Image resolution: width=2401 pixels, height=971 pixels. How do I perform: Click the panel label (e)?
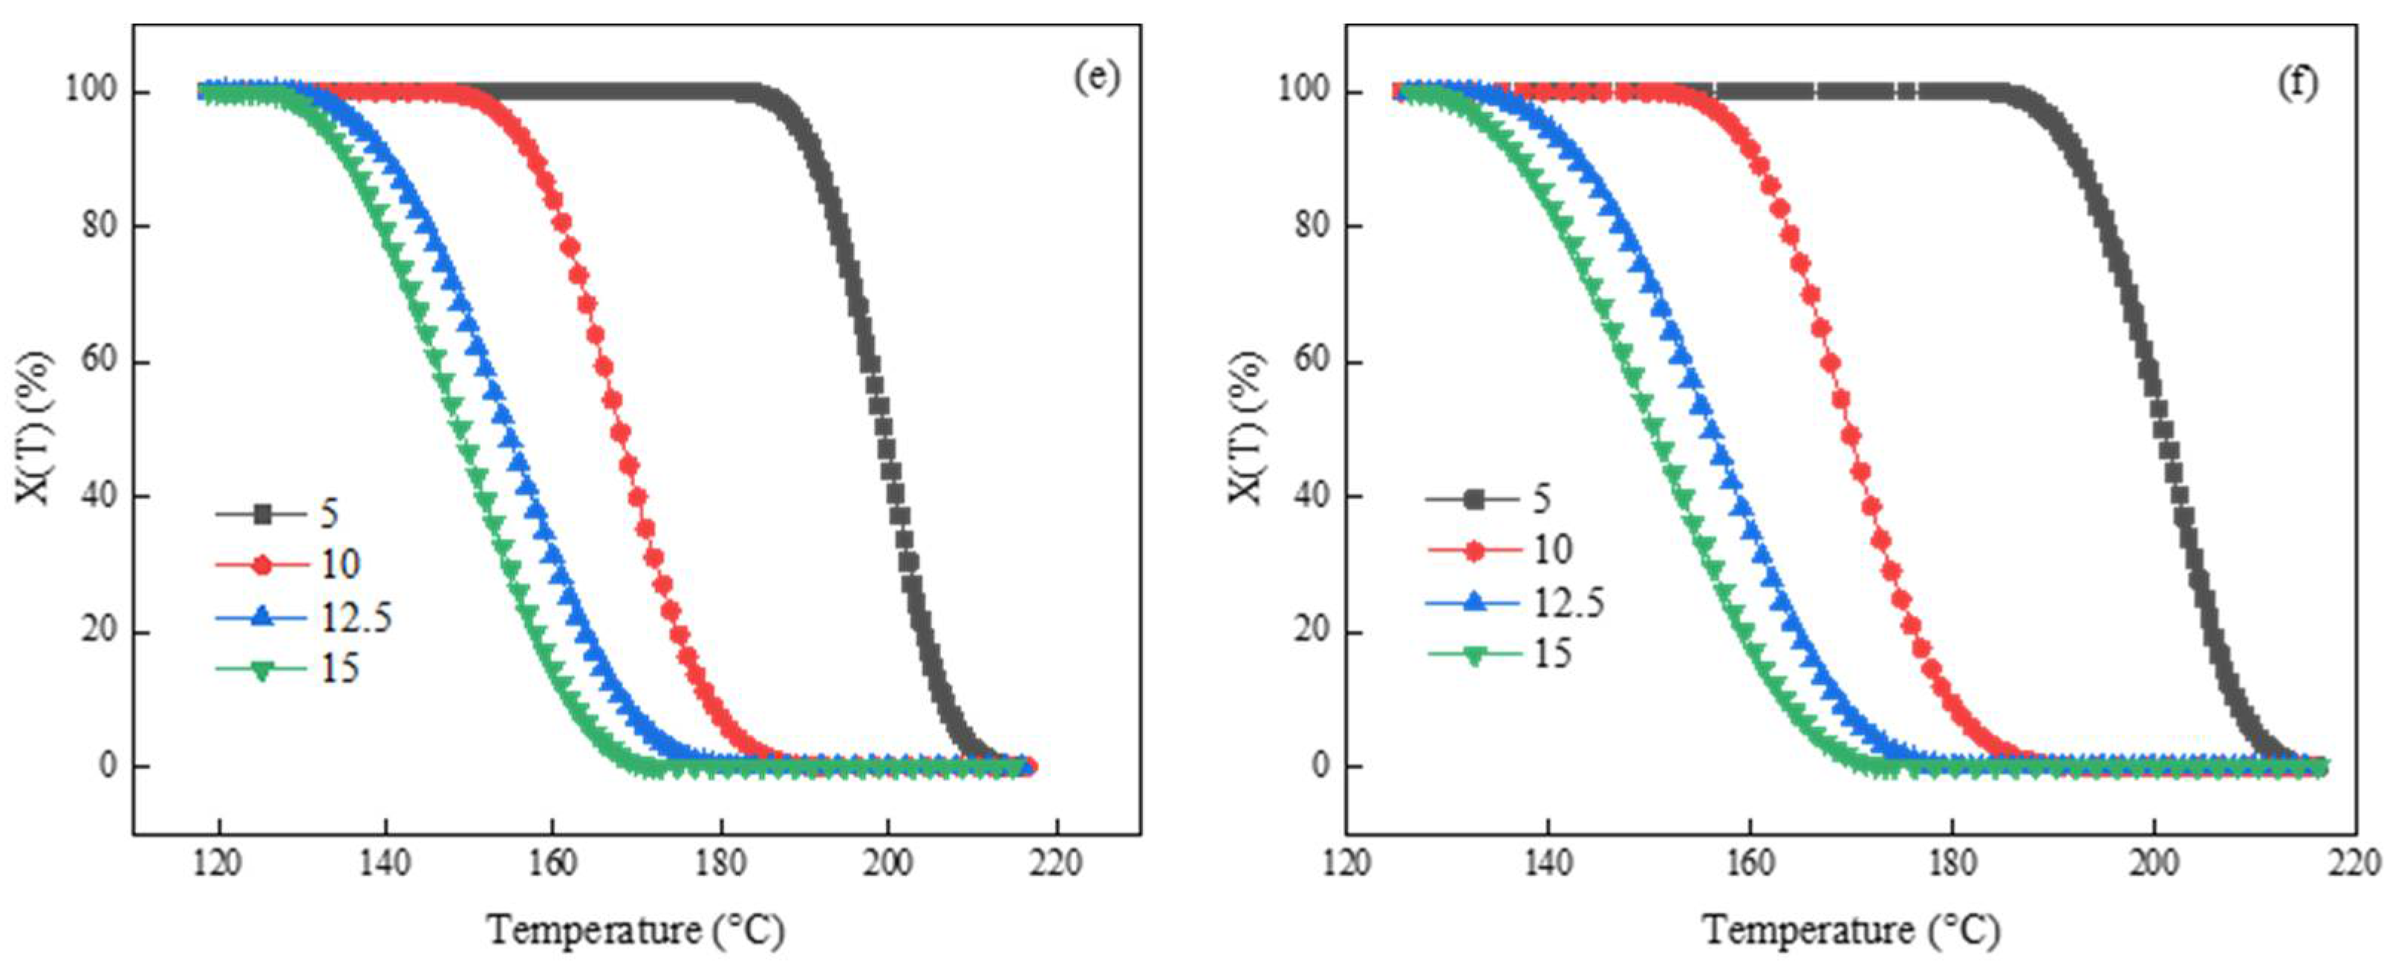(1096, 77)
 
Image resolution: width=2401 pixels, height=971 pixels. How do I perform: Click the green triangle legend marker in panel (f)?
(1474, 654)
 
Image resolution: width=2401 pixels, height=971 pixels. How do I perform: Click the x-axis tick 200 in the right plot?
(2154, 863)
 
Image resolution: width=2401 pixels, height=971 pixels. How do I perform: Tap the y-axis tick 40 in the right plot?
(1312, 496)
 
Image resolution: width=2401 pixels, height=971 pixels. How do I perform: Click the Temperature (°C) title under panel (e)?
(636, 930)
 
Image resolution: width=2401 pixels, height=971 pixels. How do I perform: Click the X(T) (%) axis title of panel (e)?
(33, 428)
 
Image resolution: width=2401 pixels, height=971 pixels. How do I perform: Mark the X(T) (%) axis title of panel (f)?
(1246, 428)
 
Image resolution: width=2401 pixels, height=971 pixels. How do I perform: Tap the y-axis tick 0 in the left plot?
(109, 766)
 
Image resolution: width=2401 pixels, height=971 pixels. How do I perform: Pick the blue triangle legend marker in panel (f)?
(1474, 603)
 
